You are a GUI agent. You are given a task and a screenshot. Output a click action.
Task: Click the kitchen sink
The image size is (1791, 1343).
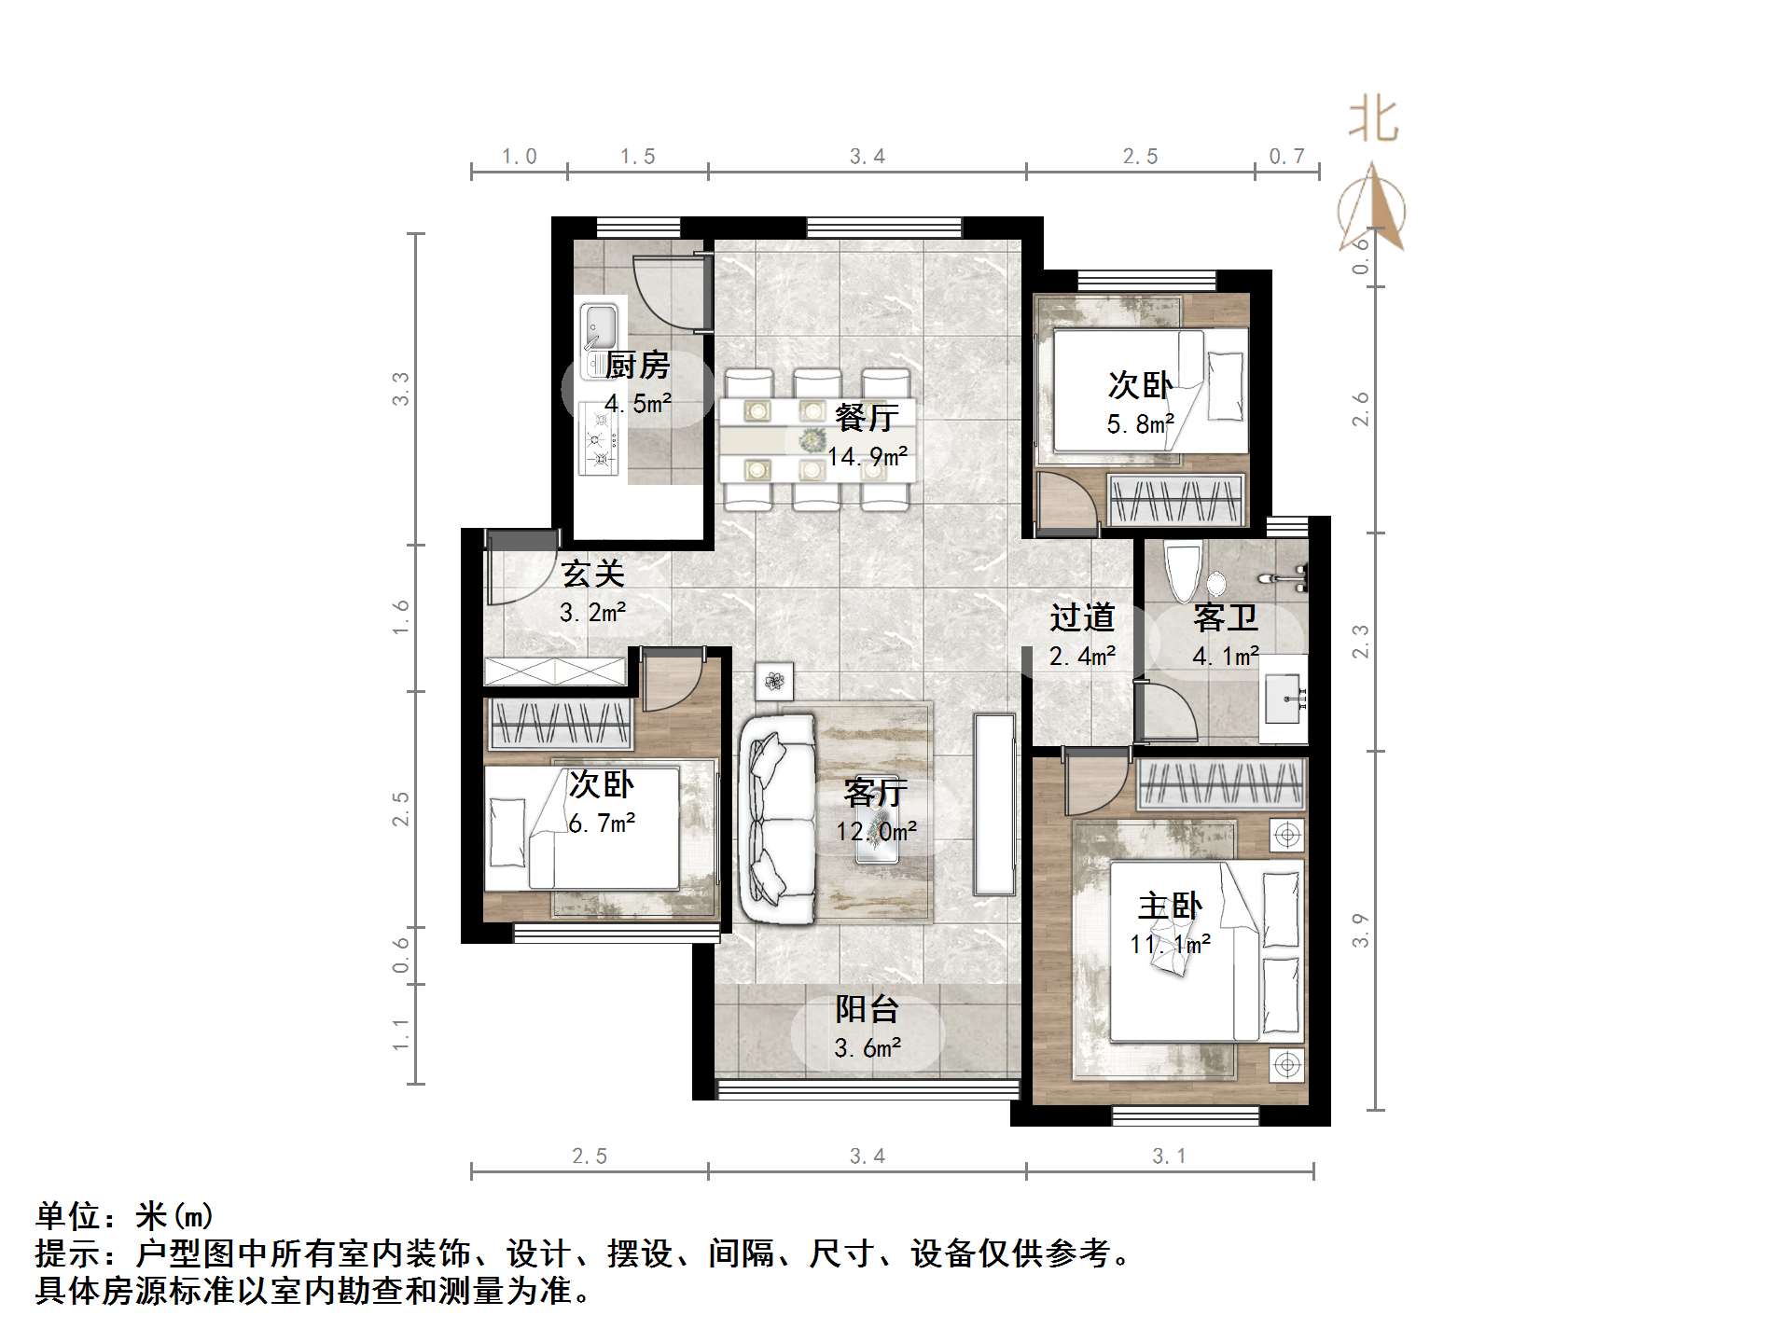click(600, 327)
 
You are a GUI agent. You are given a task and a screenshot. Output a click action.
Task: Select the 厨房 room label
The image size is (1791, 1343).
click(638, 366)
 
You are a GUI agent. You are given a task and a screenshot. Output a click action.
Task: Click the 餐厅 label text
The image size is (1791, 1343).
click(867, 417)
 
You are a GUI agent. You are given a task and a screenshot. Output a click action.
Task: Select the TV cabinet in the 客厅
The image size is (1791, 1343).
click(993, 804)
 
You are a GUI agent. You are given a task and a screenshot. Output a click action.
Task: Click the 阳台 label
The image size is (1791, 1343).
click(867, 1008)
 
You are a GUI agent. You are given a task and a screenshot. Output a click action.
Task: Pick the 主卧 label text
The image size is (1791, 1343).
click(1170, 906)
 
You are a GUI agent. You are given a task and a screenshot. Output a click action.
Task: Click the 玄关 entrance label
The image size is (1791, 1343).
click(592, 574)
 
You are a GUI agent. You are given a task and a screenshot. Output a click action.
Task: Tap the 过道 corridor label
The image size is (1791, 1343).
click(1082, 617)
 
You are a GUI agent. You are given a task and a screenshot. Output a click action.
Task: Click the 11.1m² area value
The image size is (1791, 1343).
click(1170, 945)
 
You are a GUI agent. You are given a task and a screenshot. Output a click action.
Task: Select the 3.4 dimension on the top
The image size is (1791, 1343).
click(867, 157)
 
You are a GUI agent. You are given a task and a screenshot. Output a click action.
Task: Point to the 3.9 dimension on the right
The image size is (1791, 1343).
click(1361, 930)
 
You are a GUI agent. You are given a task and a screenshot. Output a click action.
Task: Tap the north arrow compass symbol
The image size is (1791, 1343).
click(1371, 210)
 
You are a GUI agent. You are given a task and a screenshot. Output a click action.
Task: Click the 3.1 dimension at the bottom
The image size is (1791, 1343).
click(1169, 1156)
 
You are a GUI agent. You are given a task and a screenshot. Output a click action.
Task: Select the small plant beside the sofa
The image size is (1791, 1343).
click(774, 682)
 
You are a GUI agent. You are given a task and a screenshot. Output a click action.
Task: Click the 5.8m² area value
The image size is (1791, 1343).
click(1140, 424)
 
